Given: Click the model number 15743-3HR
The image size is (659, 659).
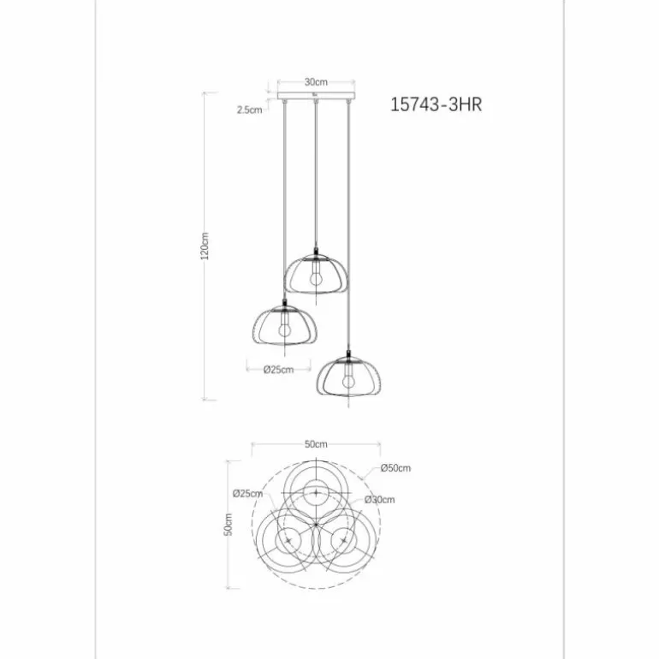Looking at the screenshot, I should (x=442, y=105).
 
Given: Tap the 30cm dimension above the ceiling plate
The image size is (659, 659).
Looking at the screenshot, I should (x=314, y=82).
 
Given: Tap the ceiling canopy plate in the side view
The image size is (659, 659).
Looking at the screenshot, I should (x=316, y=97).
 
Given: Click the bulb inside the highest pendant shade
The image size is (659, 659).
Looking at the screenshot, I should (x=315, y=275).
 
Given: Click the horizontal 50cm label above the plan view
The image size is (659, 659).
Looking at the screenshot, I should (x=315, y=444).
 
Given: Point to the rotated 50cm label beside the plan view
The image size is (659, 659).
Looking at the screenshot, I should (x=229, y=525).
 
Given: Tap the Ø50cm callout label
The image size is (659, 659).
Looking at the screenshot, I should (x=396, y=468).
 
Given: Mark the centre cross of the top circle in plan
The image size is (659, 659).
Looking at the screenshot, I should (x=316, y=494).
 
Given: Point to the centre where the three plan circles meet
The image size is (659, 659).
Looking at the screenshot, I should (x=316, y=523).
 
